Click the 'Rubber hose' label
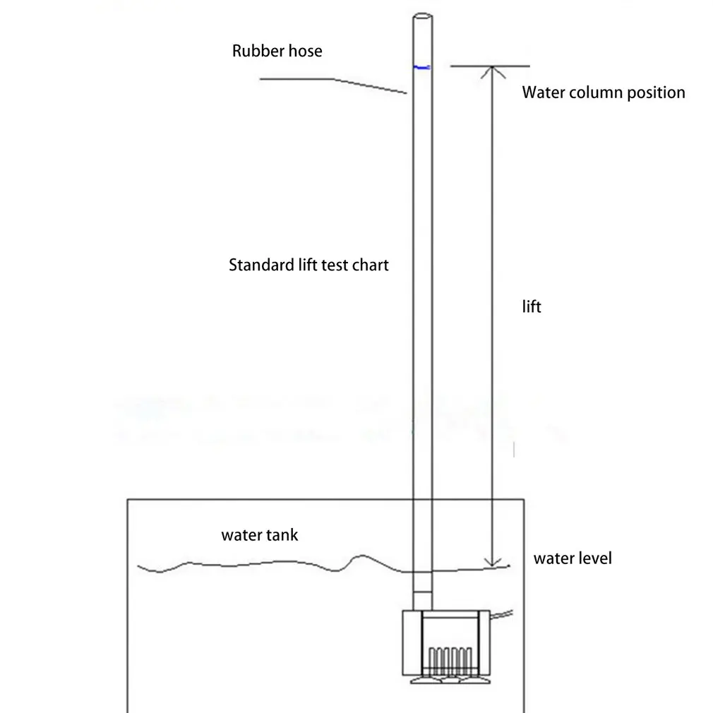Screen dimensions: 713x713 [277, 52]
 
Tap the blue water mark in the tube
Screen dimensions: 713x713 [421, 68]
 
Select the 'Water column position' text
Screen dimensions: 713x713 [603, 92]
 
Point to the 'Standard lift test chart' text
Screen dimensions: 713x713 [308, 265]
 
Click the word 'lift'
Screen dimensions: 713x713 [531, 307]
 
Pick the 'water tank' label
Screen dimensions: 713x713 [259, 535]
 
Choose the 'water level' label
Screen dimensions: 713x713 [572, 558]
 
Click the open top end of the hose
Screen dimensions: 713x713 [421, 18]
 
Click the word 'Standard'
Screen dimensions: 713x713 [258, 265]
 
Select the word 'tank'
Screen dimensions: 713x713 [282, 535]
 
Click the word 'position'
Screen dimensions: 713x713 [657, 92]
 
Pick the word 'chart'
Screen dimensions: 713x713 [370, 265]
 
